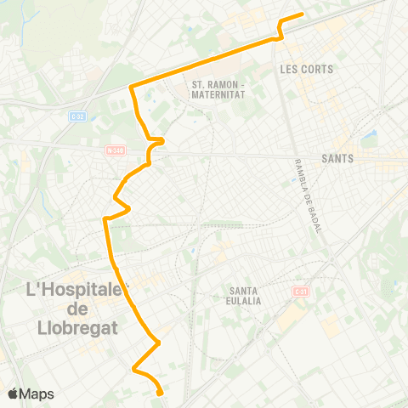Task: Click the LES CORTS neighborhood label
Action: [306, 69]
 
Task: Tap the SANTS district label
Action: [338, 158]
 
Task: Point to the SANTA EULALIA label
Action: [245, 295]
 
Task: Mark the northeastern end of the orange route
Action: [302, 15]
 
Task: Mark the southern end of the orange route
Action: [161, 392]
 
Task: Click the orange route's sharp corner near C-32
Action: [131, 86]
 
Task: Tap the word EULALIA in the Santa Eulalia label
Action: [245, 300]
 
